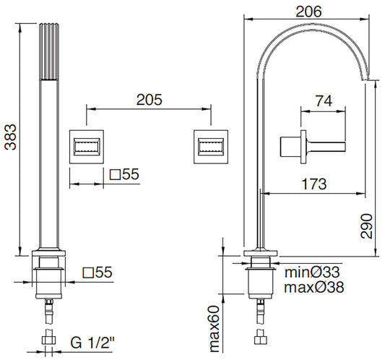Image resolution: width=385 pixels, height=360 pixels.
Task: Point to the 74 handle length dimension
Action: coord(324,102)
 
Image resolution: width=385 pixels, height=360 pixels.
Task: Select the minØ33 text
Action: coord(313,273)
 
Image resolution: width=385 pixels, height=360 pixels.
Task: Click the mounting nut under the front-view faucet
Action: coord(50,278)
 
